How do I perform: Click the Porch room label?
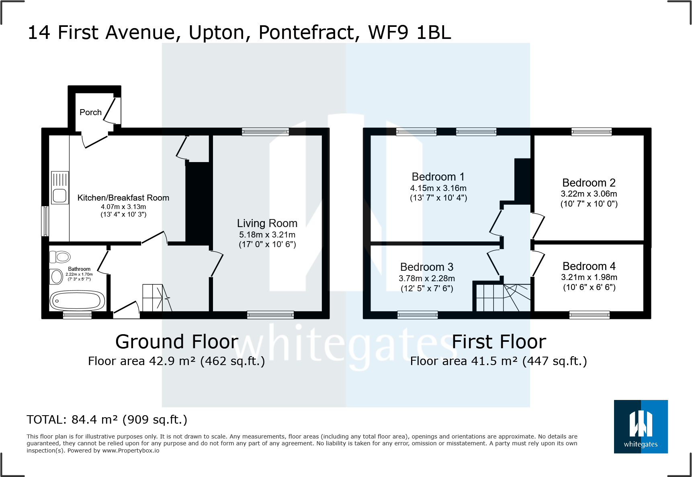pyautogui.click(x=90, y=112)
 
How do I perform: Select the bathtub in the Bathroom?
pyautogui.click(x=77, y=300)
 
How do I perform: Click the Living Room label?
pyautogui.click(x=267, y=223)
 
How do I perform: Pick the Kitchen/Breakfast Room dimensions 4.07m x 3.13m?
pyautogui.click(x=123, y=207)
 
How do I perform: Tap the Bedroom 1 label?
pyautogui.click(x=438, y=177)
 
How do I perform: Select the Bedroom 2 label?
pyautogui.click(x=589, y=183)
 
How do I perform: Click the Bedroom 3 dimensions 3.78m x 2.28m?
pyautogui.click(x=427, y=278)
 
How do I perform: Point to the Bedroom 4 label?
pyautogui.click(x=589, y=266)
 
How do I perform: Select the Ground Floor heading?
pyautogui.click(x=177, y=342)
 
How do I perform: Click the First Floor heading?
pyautogui.click(x=499, y=342)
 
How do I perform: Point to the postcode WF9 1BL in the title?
pyautogui.click(x=409, y=32)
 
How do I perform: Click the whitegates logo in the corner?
pyautogui.click(x=641, y=426)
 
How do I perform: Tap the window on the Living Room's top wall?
pyautogui.click(x=265, y=132)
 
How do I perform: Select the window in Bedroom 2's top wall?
pyautogui.click(x=592, y=132)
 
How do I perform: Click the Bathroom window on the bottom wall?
pyautogui.click(x=77, y=315)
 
